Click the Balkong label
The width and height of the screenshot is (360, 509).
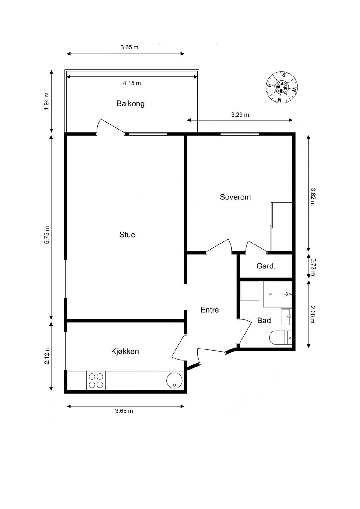(130, 104)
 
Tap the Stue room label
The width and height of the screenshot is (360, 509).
(127, 235)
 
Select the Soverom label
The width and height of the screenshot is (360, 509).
(235, 197)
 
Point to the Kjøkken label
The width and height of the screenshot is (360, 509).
(125, 351)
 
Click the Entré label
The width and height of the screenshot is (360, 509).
(209, 310)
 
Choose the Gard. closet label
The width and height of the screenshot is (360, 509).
(266, 266)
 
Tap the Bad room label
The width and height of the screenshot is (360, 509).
(264, 320)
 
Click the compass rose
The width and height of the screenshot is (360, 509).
(282, 87)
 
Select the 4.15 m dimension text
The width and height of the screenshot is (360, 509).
(132, 83)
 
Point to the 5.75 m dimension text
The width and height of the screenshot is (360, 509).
(46, 235)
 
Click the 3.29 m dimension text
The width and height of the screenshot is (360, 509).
(240, 115)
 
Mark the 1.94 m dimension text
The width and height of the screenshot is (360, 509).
(46, 101)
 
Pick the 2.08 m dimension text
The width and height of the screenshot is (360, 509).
(313, 314)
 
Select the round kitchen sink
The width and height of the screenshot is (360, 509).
(174, 380)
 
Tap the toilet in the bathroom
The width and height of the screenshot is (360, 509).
(280, 338)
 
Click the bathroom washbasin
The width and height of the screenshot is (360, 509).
(286, 316)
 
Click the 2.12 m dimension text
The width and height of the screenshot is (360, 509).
(46, 355)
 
